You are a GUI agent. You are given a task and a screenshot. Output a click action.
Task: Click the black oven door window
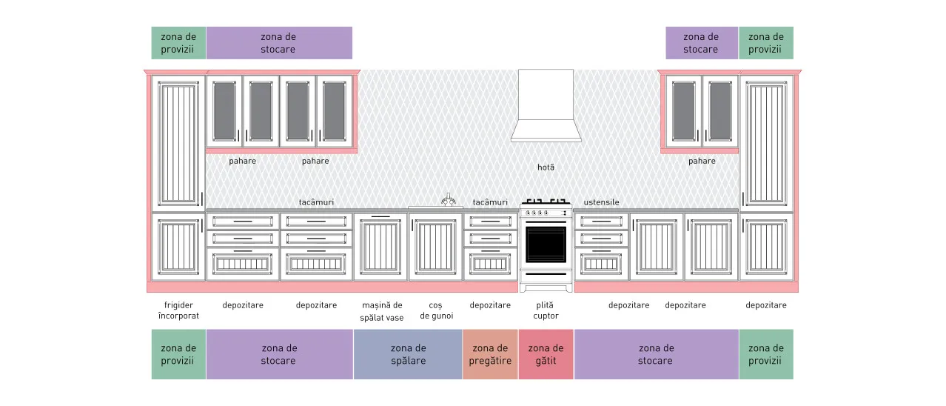pyautogui.click(x=546, y=244)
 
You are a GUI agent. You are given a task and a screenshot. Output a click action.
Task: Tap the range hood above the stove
pyautogui.click(x=546, y=106)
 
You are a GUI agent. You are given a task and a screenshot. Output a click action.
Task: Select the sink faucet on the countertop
pyautogui.click(x=449, y=199)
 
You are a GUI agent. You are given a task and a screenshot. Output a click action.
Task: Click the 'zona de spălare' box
pyautogui.click(x=408, y=354)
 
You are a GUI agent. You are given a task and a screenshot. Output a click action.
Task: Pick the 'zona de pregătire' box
pyautogui.click(x=490, y=354)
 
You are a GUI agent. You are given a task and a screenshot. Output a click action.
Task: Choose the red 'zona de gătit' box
pyautogui.click(x=546, y=354)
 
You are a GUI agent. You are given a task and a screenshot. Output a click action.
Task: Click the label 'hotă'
pyautogui.click(x=546, y=167)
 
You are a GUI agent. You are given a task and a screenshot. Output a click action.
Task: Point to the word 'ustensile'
pyautogui.click(x=601, y=202)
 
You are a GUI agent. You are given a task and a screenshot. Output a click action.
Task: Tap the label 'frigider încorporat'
pyautogui.click(x=178, y=310)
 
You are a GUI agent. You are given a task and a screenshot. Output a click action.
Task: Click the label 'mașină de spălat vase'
pyautogui.click(x=382, y=311)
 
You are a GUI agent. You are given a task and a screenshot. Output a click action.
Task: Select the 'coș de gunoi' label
pyautogui.click(x=436, y=310)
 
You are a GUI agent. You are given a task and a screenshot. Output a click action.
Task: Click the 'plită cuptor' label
pyautogui.click(x=546, y=310)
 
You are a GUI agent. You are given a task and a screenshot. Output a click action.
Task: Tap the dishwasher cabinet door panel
pyautogui.click(x=380, y=247)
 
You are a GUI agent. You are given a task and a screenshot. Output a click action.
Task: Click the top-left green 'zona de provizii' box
pyautogui.click(x=178, y=43)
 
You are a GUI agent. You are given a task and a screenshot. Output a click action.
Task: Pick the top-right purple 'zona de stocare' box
pyautogui.click(x=702, y=43)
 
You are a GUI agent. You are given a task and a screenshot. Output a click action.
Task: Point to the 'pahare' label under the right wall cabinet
pyautogui.click(x=702, y=161)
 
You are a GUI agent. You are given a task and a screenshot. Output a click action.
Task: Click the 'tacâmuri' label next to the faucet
pyautogui.click(x=490, y=202)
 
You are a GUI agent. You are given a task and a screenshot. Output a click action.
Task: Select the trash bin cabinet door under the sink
pyautogui.click(x=435, y=247)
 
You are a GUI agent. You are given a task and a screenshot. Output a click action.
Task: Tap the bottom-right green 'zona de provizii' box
pyautogui.click(x=766, y=354)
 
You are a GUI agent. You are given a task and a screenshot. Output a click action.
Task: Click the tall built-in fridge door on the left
pyautogui.click(x=178, y=143)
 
